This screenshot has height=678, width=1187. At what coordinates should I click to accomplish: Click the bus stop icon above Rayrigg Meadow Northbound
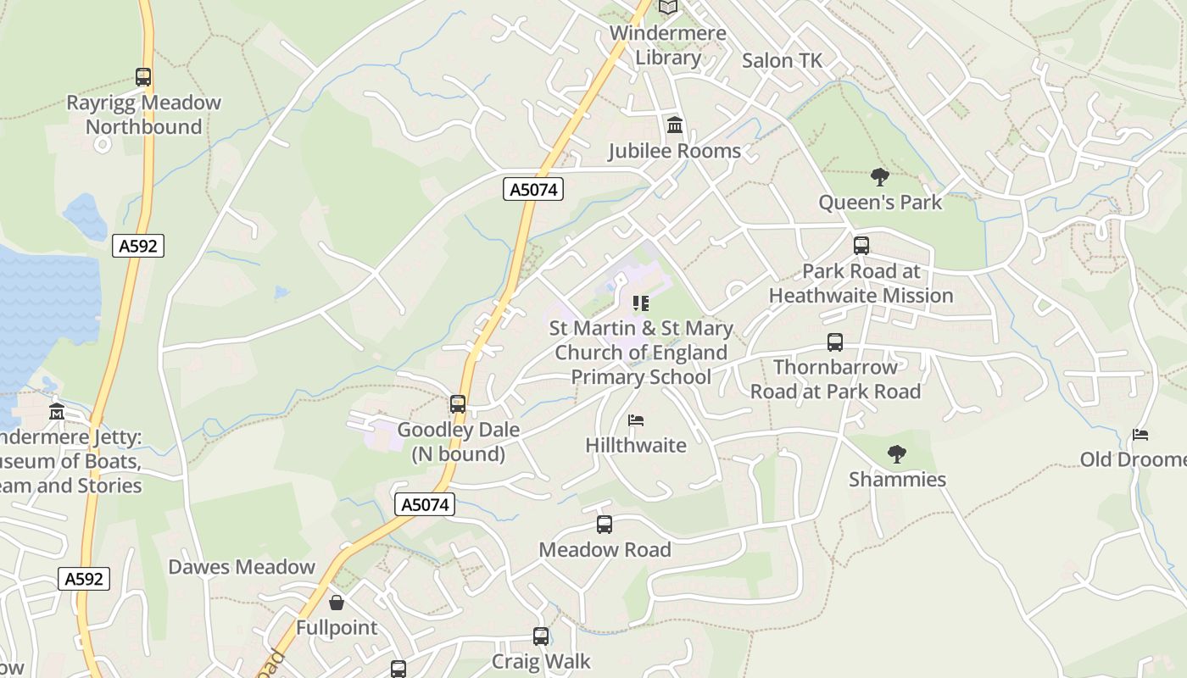tap(143, 77)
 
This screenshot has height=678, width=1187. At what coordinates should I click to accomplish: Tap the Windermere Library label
tap(668, 46)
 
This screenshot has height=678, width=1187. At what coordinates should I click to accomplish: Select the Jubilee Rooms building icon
tap(675, 125)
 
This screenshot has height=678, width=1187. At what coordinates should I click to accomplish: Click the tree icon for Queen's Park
tap(880, 177)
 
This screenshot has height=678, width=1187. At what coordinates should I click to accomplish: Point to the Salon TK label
tap(782, 60)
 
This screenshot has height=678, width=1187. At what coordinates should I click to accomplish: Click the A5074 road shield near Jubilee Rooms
tap(533, 189)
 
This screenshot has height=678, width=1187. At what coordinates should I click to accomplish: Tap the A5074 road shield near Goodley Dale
tap(425, 505)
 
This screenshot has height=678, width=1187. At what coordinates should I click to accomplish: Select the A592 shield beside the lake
tap(137, 246)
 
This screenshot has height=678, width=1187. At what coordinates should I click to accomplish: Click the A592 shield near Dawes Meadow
tap(84, 579)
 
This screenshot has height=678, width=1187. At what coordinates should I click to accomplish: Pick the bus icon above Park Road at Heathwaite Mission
tap(861, 246)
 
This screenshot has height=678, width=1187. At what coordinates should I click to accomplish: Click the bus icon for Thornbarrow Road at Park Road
tap(835, 342)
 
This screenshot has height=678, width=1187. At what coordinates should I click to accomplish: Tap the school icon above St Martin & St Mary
tap(641, 303)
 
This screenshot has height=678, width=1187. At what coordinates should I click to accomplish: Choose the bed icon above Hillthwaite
tap(636, 420)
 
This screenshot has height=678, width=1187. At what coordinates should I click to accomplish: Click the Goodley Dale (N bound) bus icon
tap(458, 404)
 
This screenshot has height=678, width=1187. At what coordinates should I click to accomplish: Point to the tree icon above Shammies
tap(897, 454)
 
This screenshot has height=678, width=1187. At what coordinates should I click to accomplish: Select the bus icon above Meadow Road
tap(605, 525)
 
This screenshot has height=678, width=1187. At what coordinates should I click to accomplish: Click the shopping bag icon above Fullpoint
tap(337, 603)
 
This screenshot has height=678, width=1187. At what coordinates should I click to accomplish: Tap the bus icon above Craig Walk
tap(541, 636)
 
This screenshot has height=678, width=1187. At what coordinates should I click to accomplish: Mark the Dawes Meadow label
tap(242, 567)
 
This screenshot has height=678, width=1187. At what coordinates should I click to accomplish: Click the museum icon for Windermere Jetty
tap(57, 412)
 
